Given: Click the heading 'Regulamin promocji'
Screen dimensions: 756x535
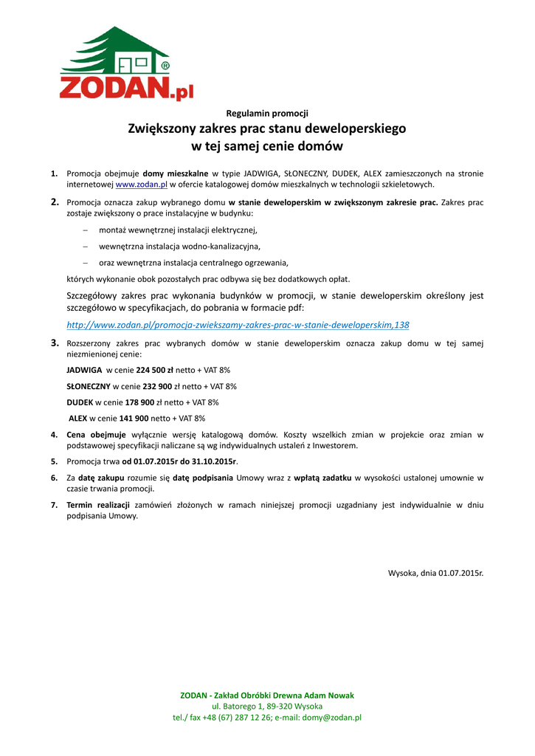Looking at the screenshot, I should click(x=267, y=113).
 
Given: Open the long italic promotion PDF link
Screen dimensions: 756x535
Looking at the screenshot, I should click(x=238, y=325).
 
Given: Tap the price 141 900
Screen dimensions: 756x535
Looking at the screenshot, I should click(x=130, y=419).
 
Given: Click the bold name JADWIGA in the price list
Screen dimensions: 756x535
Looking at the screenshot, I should click(x=84, y=370).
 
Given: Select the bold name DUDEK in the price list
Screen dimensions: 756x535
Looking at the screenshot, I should click(x=80, y=402).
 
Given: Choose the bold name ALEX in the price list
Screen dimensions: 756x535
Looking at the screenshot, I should click(x=77, y=419).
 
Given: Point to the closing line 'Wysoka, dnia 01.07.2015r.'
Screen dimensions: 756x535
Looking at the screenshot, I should click(x=435, y=573).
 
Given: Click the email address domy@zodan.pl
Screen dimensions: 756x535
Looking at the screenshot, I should click(x=331, y=717).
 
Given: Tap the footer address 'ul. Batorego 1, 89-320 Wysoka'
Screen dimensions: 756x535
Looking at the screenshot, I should click(x=267, y=707).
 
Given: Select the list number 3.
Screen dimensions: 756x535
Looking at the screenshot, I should click(x=54, y=343).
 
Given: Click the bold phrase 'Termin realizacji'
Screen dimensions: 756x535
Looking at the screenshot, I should click(x=98, y=505).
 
